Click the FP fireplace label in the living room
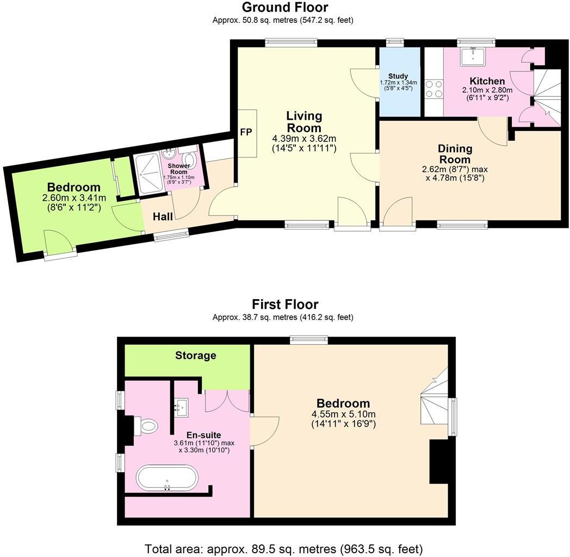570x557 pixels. click(246, 133)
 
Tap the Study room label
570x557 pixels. click(398, 76)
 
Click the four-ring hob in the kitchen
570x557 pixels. click(433, 89)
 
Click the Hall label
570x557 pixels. click(163, 216)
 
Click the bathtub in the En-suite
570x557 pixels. click(167, 478)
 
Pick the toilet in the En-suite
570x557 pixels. click(145, 425)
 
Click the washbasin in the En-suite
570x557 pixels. click(182, 405)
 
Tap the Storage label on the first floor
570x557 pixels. click(196, 356)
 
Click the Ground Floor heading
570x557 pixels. click(284, 7)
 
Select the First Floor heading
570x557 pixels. click(284, 304)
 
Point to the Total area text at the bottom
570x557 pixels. click(283, 548)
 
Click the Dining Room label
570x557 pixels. click(455, 153)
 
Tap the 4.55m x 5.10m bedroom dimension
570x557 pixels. click(343, 414)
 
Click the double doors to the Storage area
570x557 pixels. click(227, 401)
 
